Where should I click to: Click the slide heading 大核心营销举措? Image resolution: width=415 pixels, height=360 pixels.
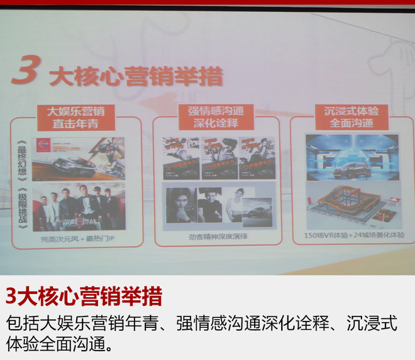coord(136,76)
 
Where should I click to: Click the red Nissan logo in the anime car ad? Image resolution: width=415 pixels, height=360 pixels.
coord(43,144)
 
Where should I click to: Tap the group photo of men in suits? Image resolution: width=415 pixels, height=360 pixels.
coord(78,207)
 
